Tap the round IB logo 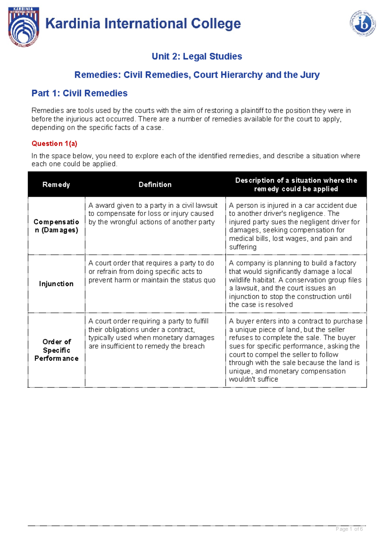363,23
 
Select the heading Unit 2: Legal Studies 197,56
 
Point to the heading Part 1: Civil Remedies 79,93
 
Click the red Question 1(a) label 54,144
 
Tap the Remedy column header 56,185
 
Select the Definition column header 155,185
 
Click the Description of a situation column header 296,185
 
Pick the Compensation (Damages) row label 56,226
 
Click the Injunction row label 56,284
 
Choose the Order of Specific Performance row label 56,350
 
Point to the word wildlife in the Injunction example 240,280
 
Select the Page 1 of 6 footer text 349,529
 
